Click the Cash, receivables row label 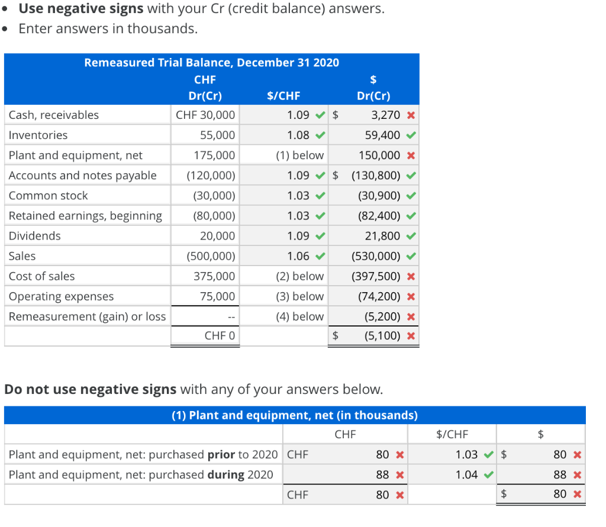coord(54,115)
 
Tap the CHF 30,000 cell coord(205,115)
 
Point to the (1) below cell coord(299,156)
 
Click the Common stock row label coord(48,196)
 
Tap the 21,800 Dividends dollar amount coord(382,236)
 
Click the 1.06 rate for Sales coord(298,256)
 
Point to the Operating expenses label coord(61,296)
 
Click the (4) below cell coord(299,316)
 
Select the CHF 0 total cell coord(220,336)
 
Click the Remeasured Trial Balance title coord(211,63)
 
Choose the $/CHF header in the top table coord(283,96)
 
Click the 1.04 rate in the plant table coord(467,474)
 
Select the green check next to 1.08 coord(320,135)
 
